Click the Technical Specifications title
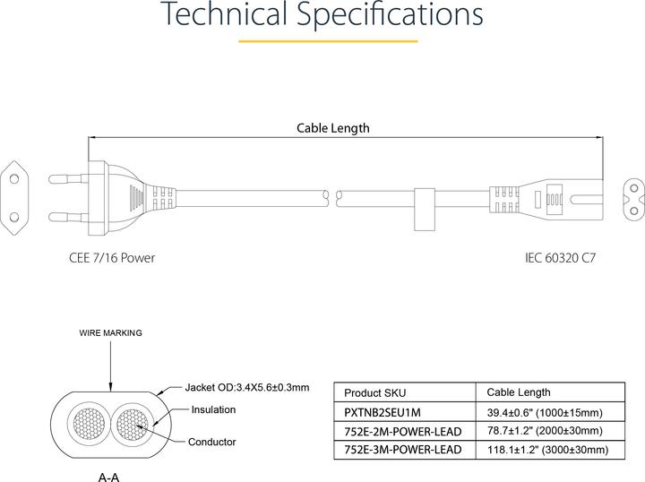click(323, 14)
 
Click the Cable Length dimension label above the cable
click(332, 128)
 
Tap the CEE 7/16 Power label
click(112, 258)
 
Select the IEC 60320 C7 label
click(560, 258)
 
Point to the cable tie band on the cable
click(425, 209)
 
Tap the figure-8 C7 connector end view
click(633, 200)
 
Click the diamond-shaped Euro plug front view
click(15, 198)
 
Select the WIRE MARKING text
click(111, 332)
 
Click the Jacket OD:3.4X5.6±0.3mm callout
click(247, 387)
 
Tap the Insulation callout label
click(213, 409)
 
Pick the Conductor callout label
click(211, 442)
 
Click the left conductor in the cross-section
click(89, 424)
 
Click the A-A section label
click(109, 477)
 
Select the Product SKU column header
click(374, 392)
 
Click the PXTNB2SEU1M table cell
click(383, 412)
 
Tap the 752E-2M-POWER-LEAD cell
click(403, 432)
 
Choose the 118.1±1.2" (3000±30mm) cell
click(548, 450)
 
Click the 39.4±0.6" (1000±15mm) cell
click(545, 412)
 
